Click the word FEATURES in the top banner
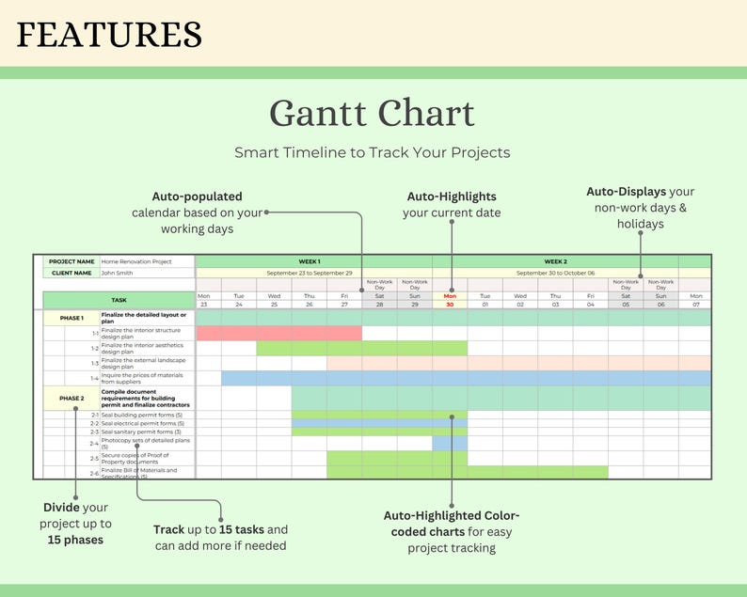109,35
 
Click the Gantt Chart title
373,114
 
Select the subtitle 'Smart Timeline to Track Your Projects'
373,152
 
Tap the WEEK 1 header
309,261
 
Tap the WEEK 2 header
555,261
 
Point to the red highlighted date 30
450,305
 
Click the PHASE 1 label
72,318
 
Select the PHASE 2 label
72,398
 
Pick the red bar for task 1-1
278,333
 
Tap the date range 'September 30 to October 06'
555,273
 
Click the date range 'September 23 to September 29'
309,273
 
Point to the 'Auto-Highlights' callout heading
452,196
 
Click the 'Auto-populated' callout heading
198,196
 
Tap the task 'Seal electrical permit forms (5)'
143,423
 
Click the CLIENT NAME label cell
72,273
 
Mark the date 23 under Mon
203,305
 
